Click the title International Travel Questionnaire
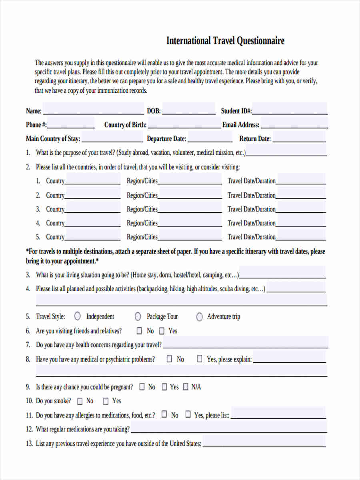point(225,41)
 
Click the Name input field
point(93,110)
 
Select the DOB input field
point(188,110)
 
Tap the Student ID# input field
point(290,110)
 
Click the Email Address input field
point(294,124)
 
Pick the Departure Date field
point(210,138)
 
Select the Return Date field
point(299,138)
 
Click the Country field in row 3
point(92,208)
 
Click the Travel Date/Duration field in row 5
point(301,236)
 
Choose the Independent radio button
point(78,316)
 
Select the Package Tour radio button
point(138,317)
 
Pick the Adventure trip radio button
point(199,317)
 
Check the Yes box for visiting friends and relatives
point(162,331)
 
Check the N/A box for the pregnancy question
point(186,387)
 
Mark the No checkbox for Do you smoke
point(80,401)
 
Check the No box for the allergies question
point(164,415)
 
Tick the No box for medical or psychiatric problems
point(169,359)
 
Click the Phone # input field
point(71,124)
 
